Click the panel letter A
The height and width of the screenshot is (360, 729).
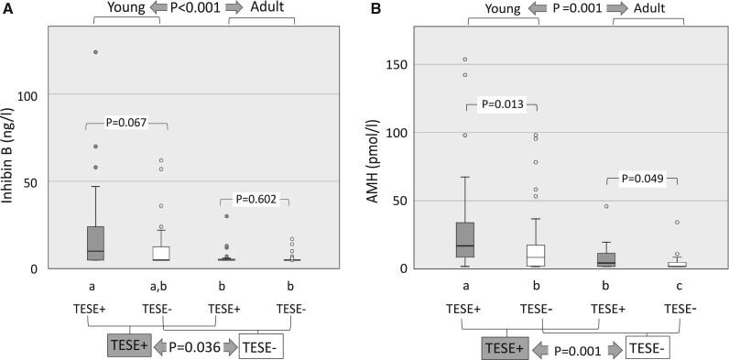pos(7,10)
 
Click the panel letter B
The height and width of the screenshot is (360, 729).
pos(375,10)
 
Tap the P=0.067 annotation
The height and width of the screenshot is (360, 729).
pos(126,121)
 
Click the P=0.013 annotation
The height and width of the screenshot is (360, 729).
pos(503,104)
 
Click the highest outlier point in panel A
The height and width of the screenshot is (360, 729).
pos(94,52)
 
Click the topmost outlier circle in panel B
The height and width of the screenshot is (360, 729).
pos(465,60)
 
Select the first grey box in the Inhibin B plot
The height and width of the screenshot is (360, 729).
pos(94,243)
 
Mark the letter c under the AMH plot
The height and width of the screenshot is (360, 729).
pos(677,285)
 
